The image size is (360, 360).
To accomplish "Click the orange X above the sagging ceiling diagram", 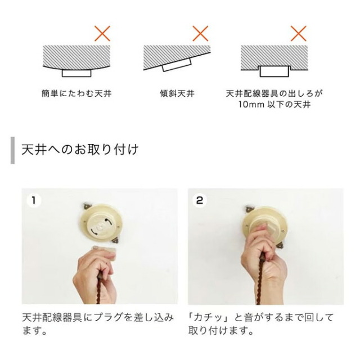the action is coord(102,34).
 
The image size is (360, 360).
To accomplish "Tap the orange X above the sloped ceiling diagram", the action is coord(200,34).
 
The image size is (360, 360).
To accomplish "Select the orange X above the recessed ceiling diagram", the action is coord(299,34).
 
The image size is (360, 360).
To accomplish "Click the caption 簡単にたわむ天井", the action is coord(76,94).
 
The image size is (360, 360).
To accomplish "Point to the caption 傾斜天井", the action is coord(177,94).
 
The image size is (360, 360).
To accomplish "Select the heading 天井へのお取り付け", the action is coord(80,150).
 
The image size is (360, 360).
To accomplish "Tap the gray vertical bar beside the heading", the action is coord(12,150).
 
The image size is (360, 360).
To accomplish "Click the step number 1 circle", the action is coord(34,200).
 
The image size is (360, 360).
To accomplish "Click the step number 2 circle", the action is coord(200,200).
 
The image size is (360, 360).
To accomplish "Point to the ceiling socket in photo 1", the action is coord(101,223).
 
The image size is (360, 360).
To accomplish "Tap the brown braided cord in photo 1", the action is coord(100,287).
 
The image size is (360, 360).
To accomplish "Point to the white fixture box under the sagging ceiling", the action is coord(76,73).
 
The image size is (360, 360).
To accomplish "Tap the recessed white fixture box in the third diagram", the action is coord(274,71).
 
